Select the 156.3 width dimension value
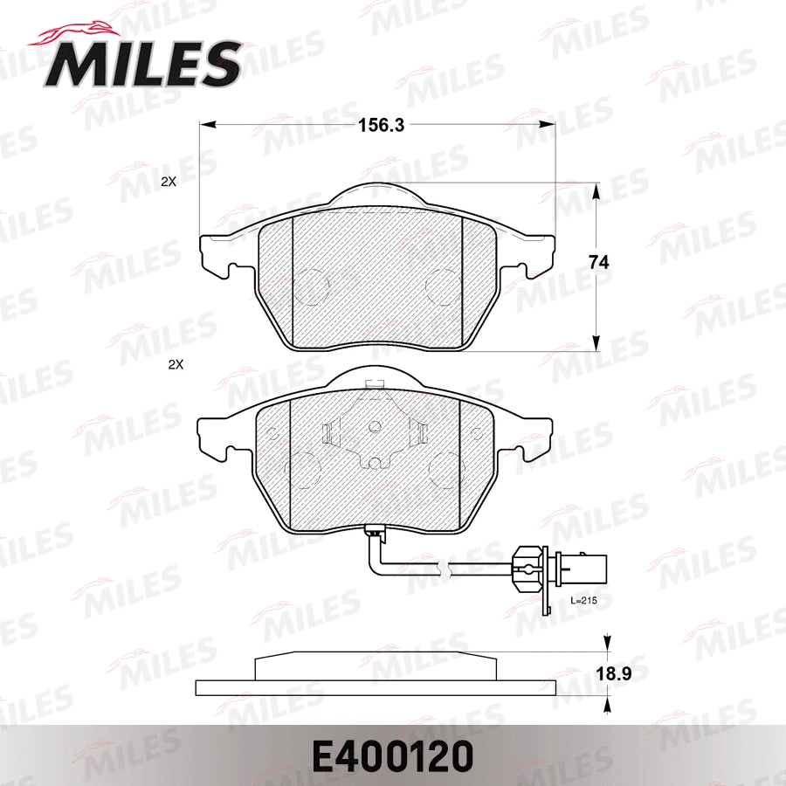381,125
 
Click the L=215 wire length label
583,602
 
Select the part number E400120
392,753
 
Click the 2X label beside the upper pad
169,183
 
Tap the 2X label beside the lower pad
175,364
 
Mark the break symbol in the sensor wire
448,570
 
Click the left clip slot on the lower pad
327,433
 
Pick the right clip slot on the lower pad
420,433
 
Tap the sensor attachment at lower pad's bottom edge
375,530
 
